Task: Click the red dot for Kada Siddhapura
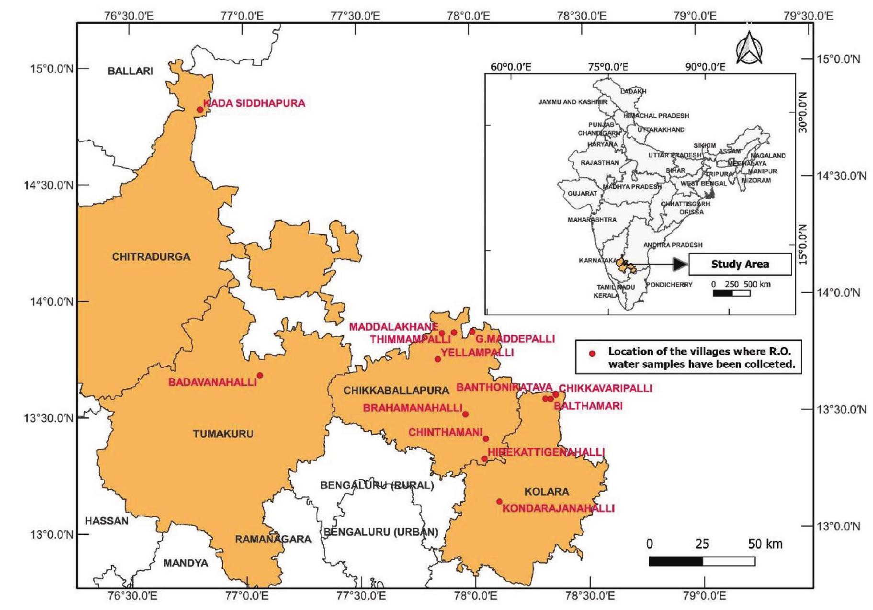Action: click(200, 110)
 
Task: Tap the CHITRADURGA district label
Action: click(151, 257)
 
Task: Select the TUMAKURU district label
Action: click(223, 434)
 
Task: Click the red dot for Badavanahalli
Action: click(260, 375)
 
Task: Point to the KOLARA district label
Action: click(546, 492)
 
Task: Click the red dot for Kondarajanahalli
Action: click(499, 501)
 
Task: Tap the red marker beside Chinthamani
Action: click(486, 439)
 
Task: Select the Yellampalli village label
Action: click(477, 353)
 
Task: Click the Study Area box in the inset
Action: click(740, 264)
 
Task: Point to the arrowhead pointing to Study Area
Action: click(680, 264)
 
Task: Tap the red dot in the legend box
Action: click(592, 354)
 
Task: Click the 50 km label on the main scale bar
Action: click(765, 544)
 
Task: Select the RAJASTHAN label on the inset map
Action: click(600, 163)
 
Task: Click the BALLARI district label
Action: click(130, 71)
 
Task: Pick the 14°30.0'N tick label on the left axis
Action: click(49, 185)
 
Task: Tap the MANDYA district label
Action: click(186, 563)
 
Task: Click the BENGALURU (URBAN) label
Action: click(381, 532)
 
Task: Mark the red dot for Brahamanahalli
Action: click(465, 414)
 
